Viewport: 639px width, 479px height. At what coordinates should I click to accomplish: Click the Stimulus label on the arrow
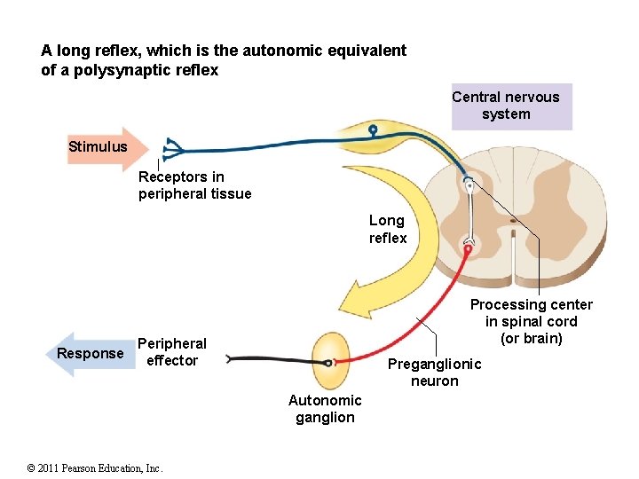click(98, 146)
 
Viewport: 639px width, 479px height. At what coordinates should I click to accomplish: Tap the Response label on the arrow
click(90, 354)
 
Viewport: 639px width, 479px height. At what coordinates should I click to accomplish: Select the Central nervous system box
click(506, 106)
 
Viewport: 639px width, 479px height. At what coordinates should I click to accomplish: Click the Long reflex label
click(388, 229)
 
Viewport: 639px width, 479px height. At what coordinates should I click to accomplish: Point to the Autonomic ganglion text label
click(325, 409)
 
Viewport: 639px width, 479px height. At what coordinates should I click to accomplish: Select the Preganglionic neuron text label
click(435, 373)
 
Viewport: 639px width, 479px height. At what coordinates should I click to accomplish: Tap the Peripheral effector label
click(171, 352)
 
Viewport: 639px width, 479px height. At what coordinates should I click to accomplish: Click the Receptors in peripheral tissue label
click(194, 185)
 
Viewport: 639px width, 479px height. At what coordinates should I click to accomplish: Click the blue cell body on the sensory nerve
click(374, 130)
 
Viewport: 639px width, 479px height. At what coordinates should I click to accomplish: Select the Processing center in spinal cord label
click(532, 321)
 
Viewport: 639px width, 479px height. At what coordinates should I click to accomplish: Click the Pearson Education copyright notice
click(95, 467)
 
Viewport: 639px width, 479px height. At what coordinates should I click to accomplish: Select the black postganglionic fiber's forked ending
click(233, 359)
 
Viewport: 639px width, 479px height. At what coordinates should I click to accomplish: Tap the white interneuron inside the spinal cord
click(469, 213)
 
